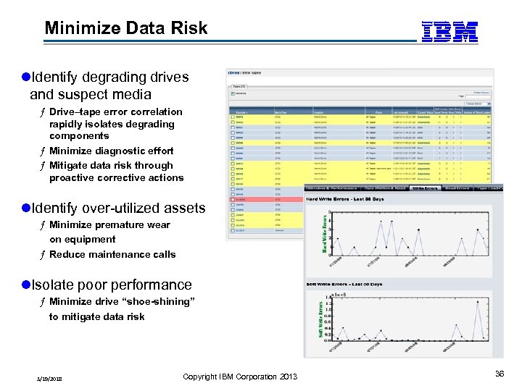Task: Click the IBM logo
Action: (x=449, y=31)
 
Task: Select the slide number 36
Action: (x=499, y=374)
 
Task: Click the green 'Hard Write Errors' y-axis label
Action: (x=323, y=233)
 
